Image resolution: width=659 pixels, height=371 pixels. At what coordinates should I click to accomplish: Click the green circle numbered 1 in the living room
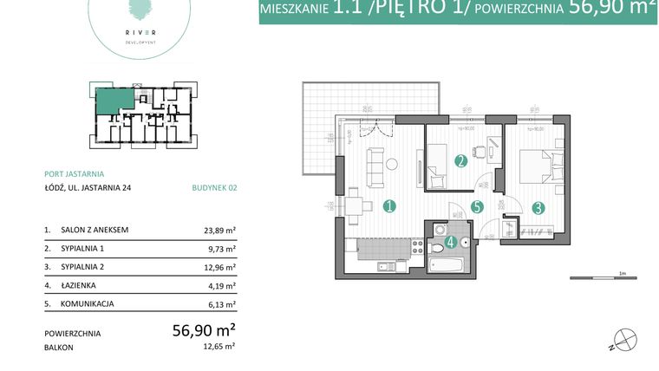390,206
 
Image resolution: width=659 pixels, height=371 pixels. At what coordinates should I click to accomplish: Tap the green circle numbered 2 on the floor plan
461,160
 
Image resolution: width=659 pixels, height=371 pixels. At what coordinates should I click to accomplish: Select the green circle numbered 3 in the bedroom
538,207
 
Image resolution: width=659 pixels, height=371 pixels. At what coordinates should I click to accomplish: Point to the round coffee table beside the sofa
393,164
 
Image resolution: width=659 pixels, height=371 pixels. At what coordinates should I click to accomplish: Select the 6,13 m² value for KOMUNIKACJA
219,304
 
